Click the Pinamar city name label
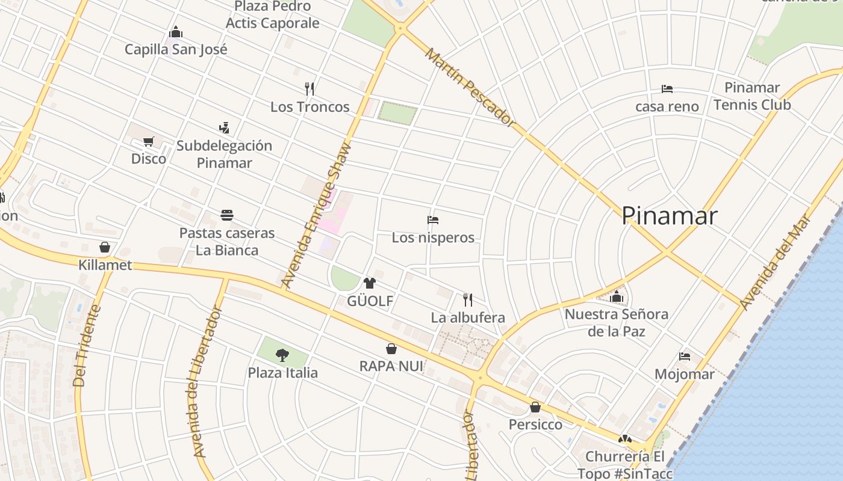[x=669, y=216]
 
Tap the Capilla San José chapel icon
[x=176, y=31]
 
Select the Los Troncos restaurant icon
[x=310, y=89]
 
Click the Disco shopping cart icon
[x=149, y=142]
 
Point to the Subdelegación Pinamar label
[x=224, y=154]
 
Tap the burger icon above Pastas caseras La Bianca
[x=227, y=215]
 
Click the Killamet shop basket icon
[x=105, y=247]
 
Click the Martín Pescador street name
[x=470, y=88]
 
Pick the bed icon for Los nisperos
[x=433, y=220]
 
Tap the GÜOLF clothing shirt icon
[x=370, y=283]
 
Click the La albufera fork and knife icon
[x=467, y=299]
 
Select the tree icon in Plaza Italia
[x=282, y=355]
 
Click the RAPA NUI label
[x=391, y=366]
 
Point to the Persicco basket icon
[x=535, y=408]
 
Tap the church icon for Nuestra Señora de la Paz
[x=616, y=296]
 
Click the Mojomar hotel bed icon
[x=685, y=357]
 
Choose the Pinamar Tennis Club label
[x=752, y=96]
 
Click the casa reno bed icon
[x=667, y=89]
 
